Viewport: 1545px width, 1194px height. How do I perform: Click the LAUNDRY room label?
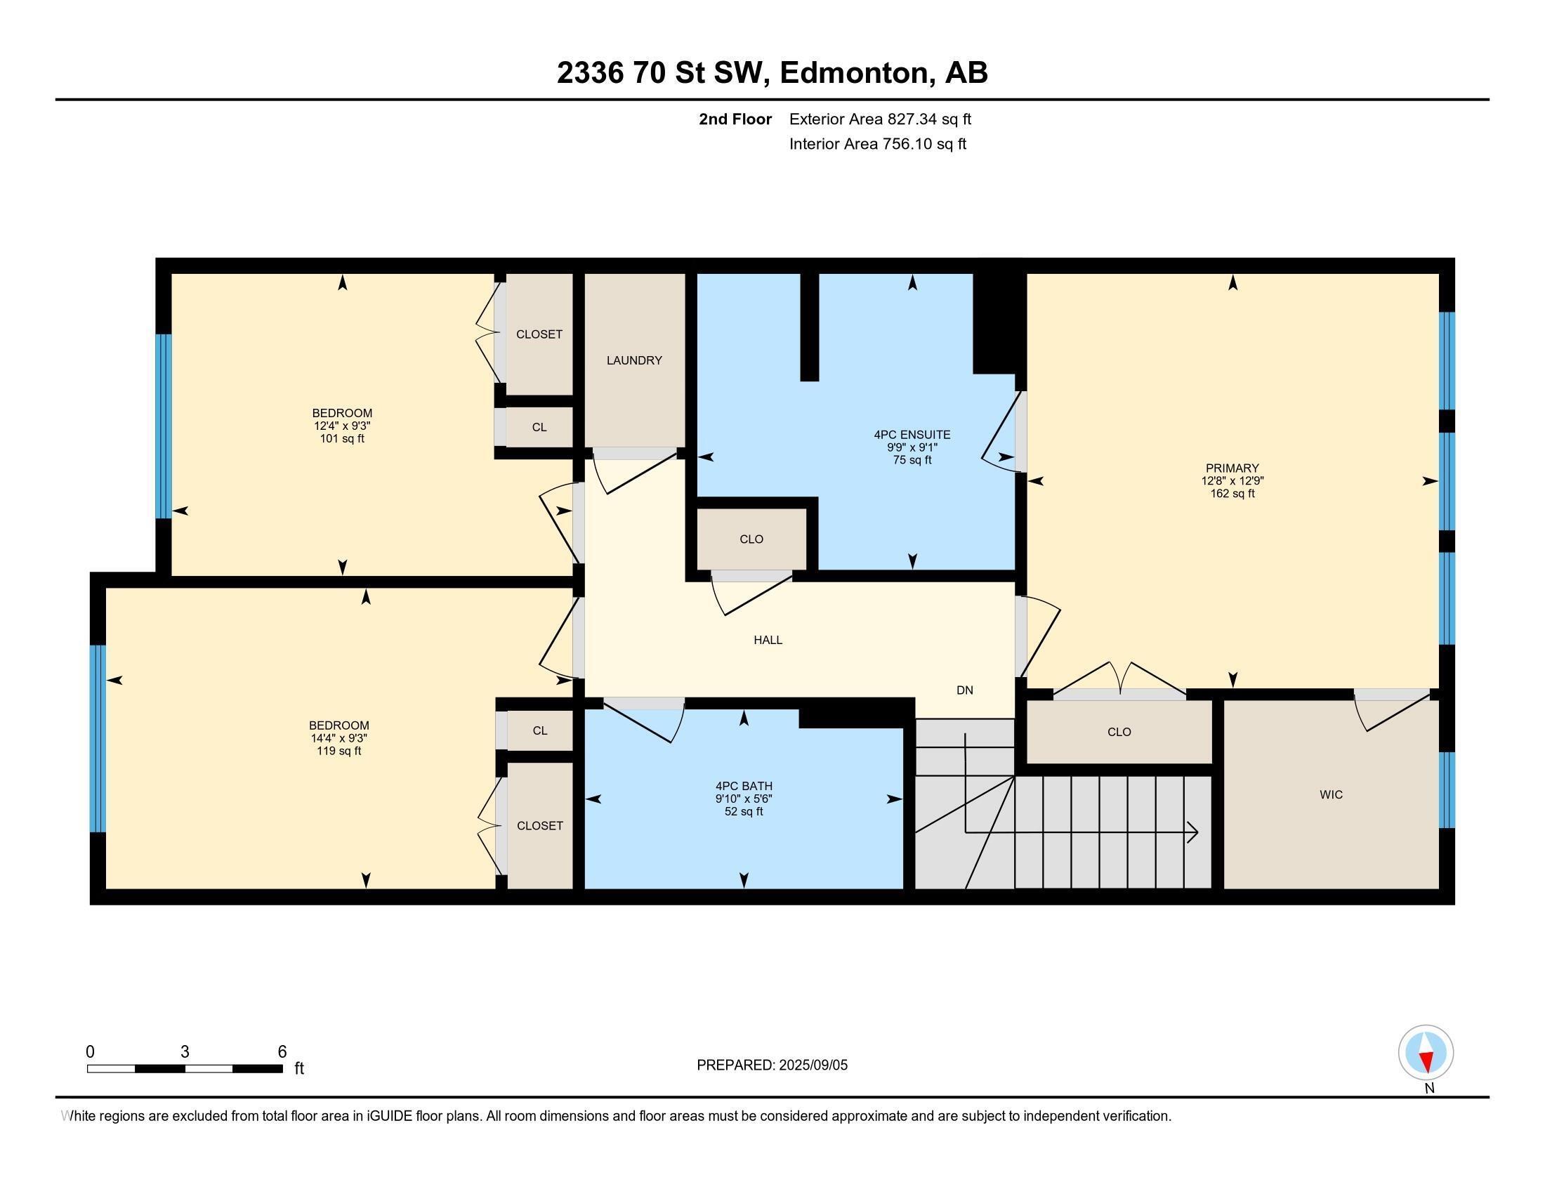tap(634, 360)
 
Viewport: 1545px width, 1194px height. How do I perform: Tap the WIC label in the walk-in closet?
tap(1331, 794)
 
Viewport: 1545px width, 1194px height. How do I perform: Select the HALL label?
tap(768, 640)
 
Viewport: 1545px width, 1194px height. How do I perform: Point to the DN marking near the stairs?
tap(964, 690)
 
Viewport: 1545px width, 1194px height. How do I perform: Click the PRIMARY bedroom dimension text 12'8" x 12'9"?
tap(1232, 480)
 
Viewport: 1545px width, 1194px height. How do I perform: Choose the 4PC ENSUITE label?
tap(912, 435)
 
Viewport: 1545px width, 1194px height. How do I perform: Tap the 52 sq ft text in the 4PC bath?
tap(744, 811)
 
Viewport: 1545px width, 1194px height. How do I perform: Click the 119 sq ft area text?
tap(339, 751)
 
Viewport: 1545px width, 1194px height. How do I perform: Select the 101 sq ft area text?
tap(342, 438)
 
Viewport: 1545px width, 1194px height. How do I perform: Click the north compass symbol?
tap(1426, 1052)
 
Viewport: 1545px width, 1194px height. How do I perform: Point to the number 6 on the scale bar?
tap(282, 1051)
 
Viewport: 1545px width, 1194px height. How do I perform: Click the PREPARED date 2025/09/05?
tap(811, 1065)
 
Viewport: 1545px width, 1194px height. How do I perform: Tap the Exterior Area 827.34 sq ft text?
tap(880, 119)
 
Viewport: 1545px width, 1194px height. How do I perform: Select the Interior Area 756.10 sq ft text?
tap(877, 144)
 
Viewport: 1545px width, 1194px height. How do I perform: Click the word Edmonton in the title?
tap(855, 73)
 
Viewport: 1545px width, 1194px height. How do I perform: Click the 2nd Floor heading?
tap(735, 119)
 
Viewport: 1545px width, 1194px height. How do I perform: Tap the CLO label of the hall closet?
tap(751, 539)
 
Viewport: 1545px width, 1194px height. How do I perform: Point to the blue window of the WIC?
tap(1447, 789)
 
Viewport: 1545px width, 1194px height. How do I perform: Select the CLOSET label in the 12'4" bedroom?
tap(539, 334)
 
